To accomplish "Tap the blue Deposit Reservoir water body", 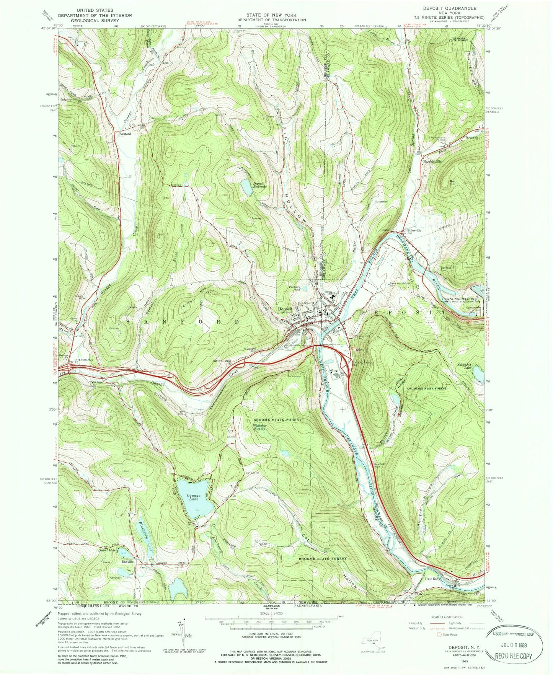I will coord(245,186).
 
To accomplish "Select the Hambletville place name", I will coord(432,161).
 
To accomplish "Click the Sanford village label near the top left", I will coord(125,134).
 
